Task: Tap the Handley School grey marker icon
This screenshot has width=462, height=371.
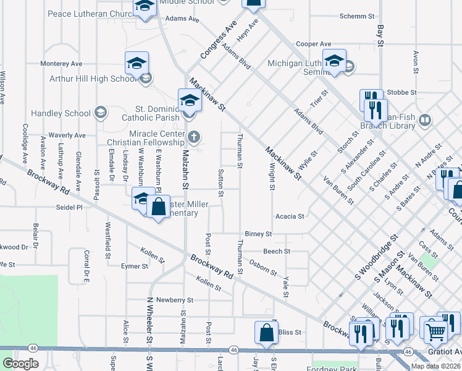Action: coord(100,113)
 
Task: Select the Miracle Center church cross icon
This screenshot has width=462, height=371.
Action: coord(194,137)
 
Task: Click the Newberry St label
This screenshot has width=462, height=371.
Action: coord(175,300)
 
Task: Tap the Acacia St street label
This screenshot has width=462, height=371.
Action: coord(290,216)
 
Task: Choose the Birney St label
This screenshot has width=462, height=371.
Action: coord(258,234)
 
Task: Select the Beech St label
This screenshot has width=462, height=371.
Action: coord(277,252)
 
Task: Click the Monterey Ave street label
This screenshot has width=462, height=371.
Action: coord(61,64)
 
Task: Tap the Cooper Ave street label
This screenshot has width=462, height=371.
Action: coord(313,44)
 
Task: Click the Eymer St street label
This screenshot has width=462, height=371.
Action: coord(135,267)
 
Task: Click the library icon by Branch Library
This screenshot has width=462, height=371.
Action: coord(424,120)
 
